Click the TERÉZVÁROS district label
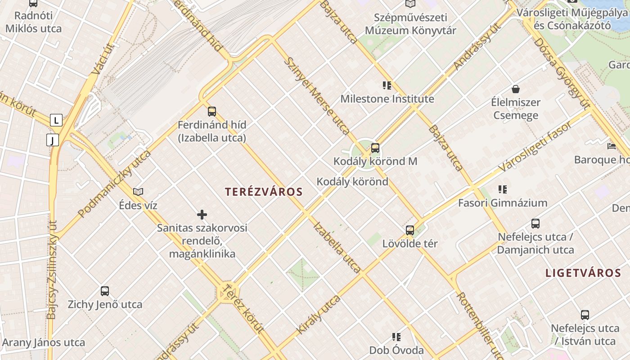[x=264, y=192]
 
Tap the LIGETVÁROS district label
[x=583, y=273]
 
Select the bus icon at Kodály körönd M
[x=375, y=148]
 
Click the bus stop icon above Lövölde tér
[x=410, y=230]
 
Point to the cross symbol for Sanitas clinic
[x=202, y=215]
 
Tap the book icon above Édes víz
[x=138, y=192]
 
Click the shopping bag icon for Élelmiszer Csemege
[x=515, y=89]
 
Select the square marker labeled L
[x=56, y=121]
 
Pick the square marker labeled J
[x=53, y=140]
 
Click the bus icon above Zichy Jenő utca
[x=105, y=291]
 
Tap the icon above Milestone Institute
[x=387, y=85]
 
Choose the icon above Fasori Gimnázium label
[x=503, y=189]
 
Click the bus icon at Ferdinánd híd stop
[x=212, y=111]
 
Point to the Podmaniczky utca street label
[x=114, y=184]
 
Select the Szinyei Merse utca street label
[x=318, y=96]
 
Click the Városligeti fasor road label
[x=535, y=146]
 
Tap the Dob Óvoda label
[x=396, y=350]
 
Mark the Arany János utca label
[x=43, y=342]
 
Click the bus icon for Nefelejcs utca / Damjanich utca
[x=535, y=223]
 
